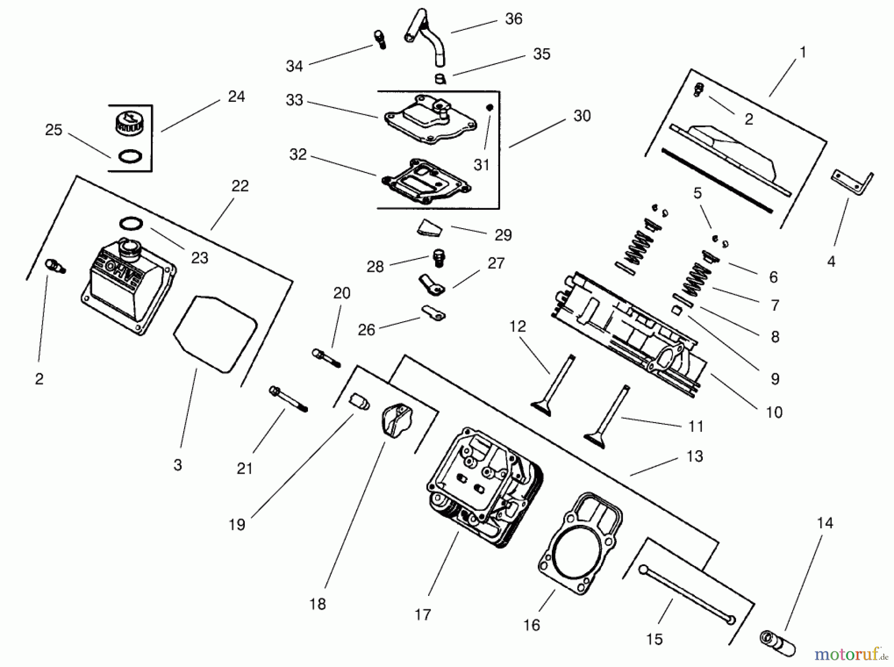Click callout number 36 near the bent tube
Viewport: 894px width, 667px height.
click(x=514, y=19)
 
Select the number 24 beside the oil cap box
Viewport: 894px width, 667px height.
click(x=236, y=97)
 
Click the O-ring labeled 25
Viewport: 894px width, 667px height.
click(x=130, y=157)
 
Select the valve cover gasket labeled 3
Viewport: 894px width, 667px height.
click(x=215, y=333)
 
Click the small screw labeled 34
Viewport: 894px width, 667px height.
click(x=379, y=39)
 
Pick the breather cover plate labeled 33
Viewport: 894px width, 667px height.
click(x=430, y=121)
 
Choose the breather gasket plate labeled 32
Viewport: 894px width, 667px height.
click(x=426, y=182)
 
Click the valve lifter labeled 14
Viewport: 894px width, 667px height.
click(x=777, y=644)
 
